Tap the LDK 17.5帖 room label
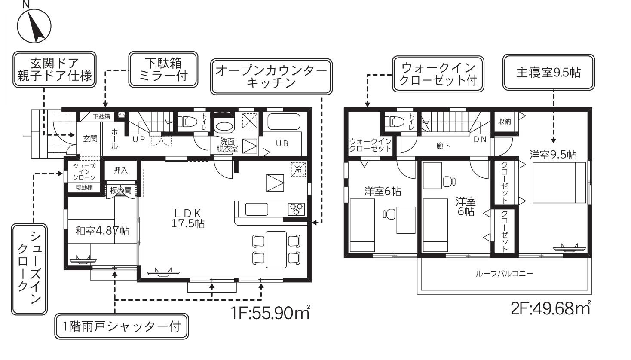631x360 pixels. coord(188,218)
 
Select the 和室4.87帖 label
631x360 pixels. coord(102,231)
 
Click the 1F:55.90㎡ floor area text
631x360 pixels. coord(270,312)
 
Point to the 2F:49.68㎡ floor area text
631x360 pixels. coord(551,308)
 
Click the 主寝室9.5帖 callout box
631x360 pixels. coord(548,72)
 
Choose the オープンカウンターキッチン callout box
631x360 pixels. coord(271,76)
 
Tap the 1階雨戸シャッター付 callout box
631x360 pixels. coord(121,326)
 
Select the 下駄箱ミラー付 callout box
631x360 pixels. coord(163,69)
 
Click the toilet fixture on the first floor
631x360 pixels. coord(187,122)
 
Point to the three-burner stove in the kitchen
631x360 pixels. coord(296,209)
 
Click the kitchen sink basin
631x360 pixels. coord(257,209)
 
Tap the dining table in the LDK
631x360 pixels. coord(276,250)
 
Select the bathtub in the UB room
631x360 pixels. coord(283,121)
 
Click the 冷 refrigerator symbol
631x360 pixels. coord(298,169)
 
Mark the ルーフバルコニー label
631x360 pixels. coord(504,274)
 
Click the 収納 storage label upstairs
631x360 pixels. coord(504,122)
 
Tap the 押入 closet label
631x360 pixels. coord(120,170)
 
